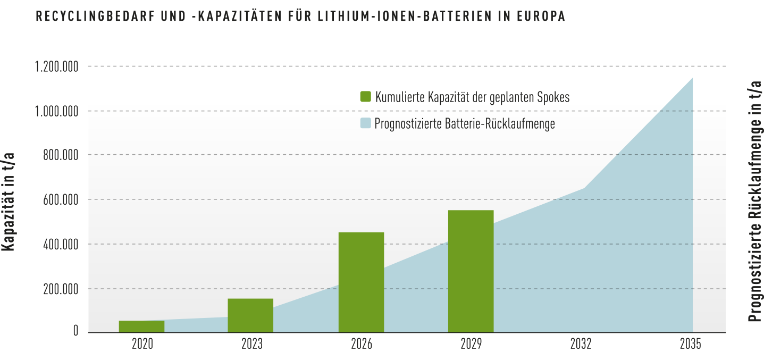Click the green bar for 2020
[141, 326]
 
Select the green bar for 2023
[250, 316]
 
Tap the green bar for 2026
[361, 282]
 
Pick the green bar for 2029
[471, 271]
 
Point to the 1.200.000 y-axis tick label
[56, 67]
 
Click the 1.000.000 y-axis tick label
[56, 112]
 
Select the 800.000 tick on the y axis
[61, 155]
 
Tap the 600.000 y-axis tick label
[61, 200]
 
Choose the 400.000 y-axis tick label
[61, 245]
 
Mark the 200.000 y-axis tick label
[61, 289]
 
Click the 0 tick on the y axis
[75, 331]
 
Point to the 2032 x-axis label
[581, 344]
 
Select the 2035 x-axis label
[691, 344]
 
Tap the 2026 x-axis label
[362, 344]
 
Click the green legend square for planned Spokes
[366, 97]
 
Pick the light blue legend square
[366, 123]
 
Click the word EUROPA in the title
[541, 16]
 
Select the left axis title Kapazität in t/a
[8, 202]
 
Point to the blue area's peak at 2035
[692, 78]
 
